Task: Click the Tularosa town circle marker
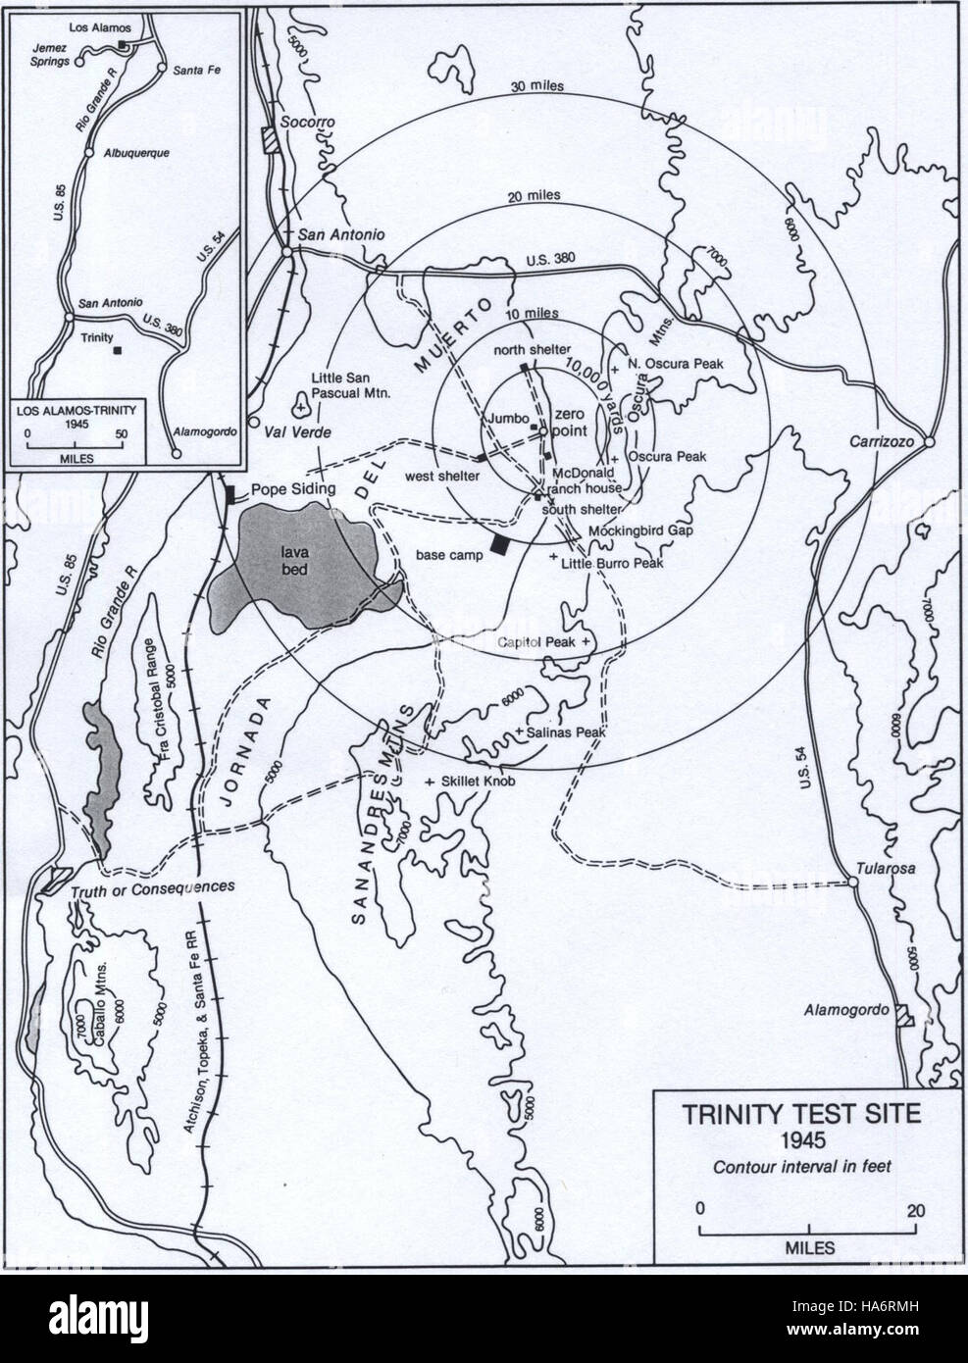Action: pos(853,883)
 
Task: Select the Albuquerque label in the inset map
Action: pos(132,154)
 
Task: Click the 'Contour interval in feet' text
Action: pos(808,1167)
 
